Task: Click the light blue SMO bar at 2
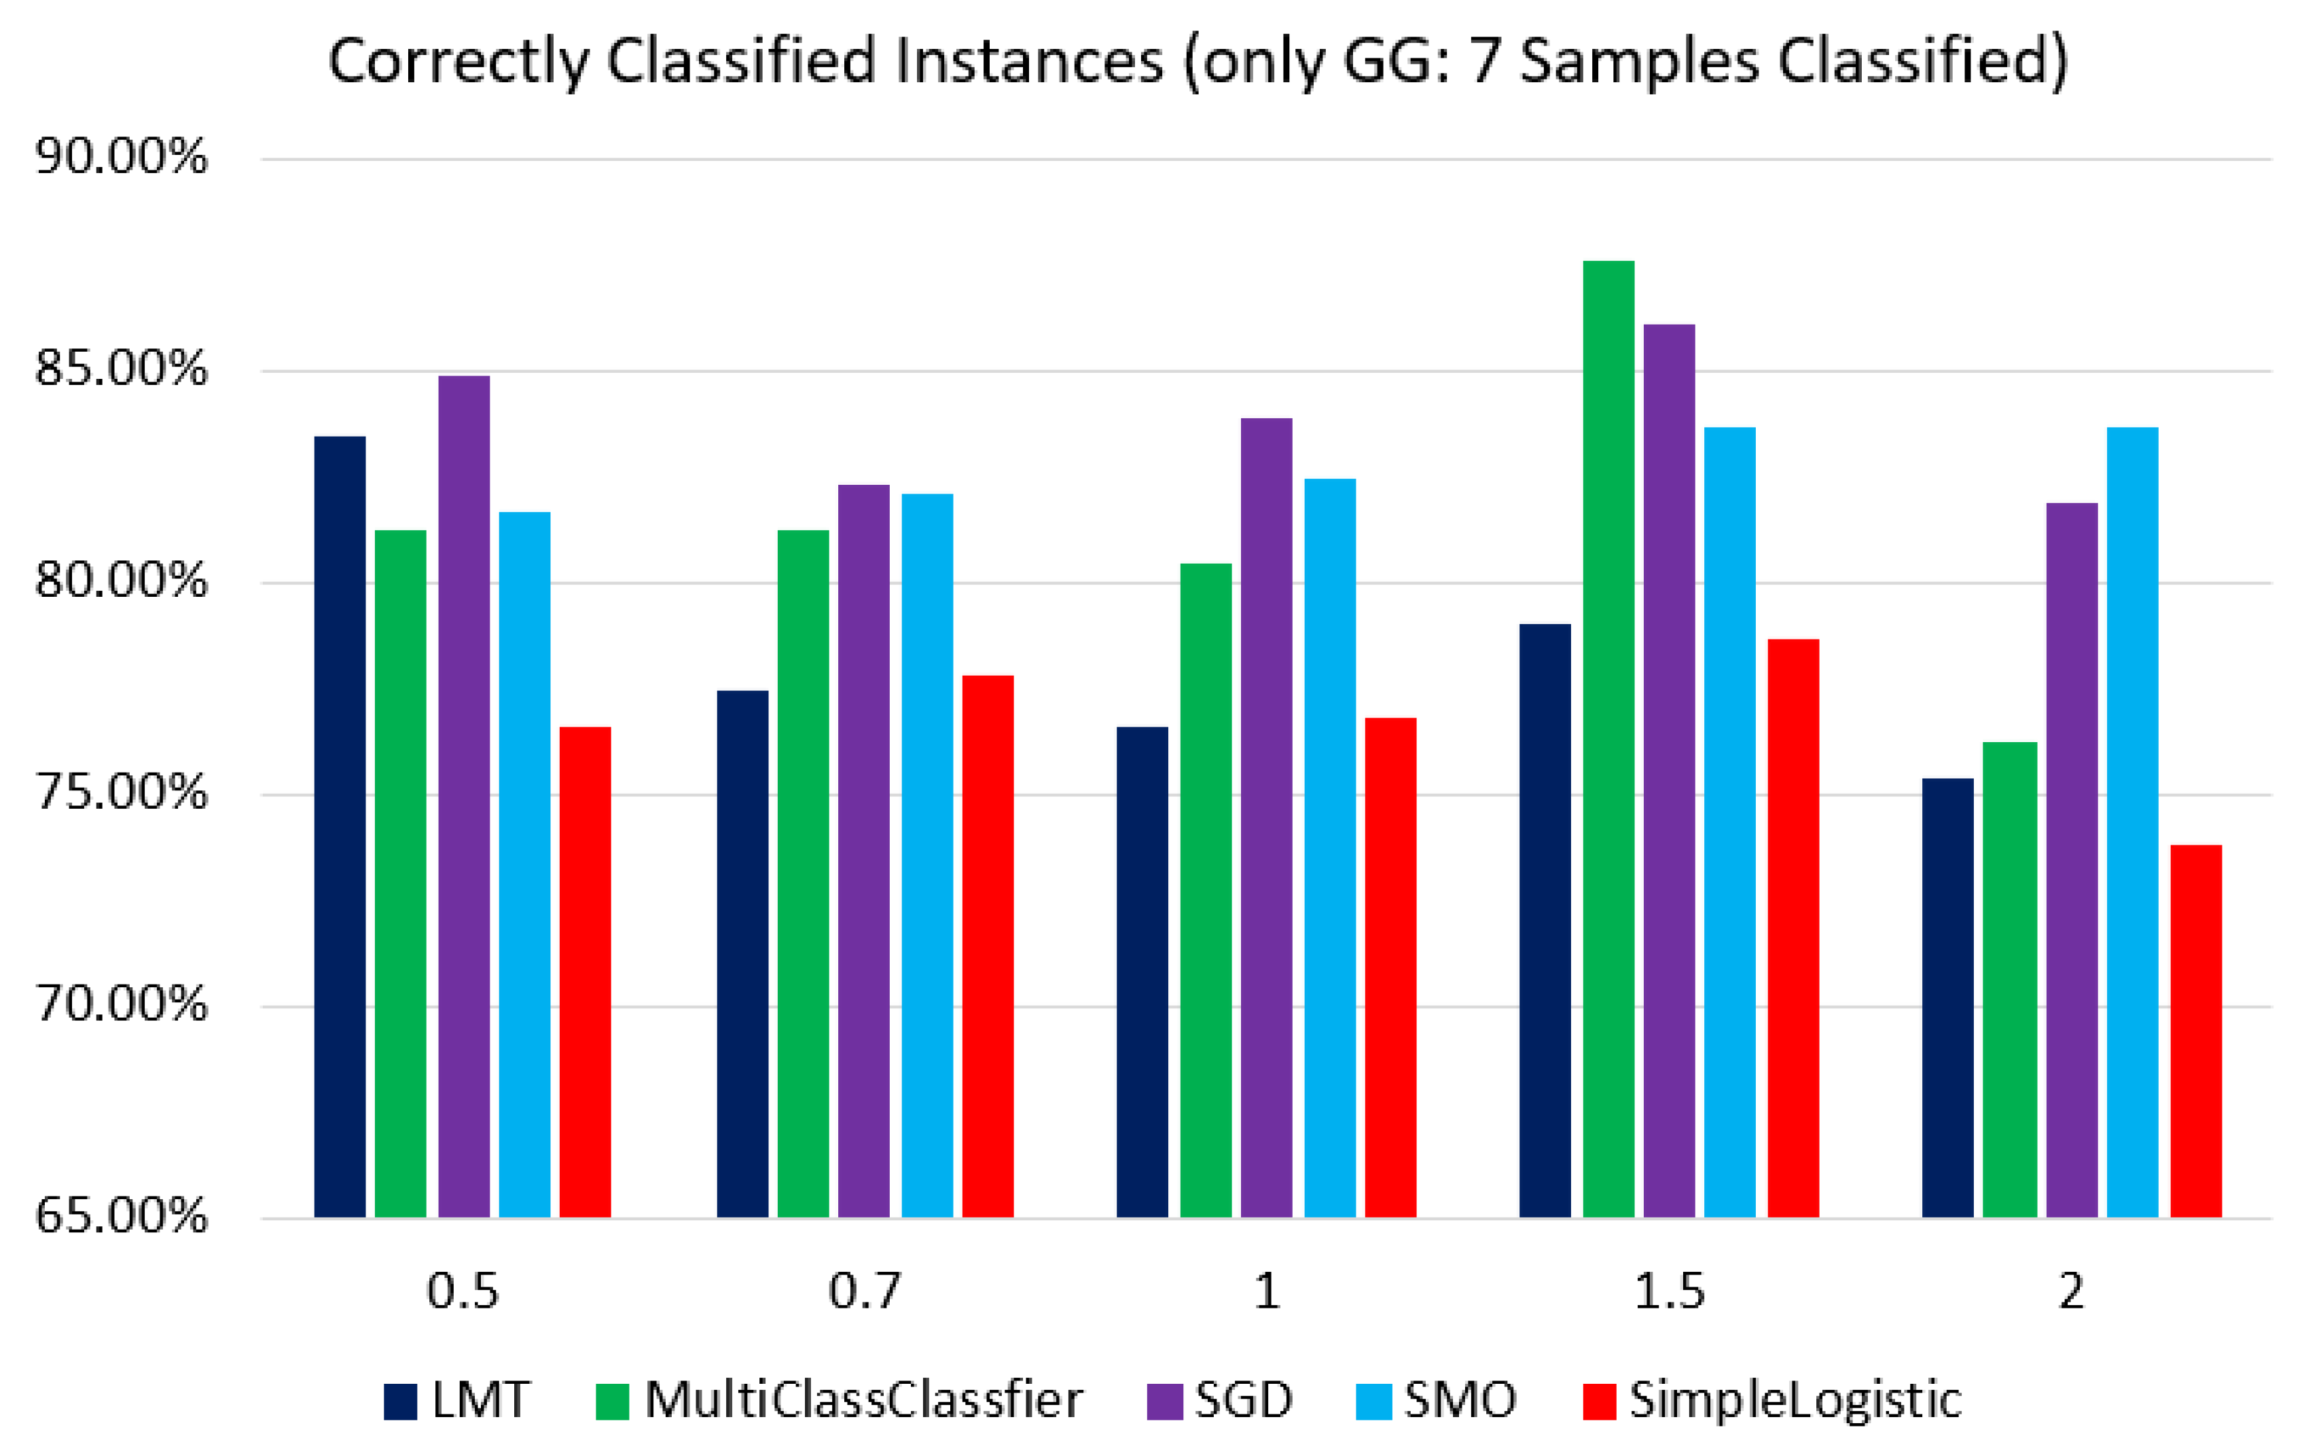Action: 2133,822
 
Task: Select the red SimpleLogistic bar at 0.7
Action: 988,946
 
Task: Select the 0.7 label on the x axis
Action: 864,1292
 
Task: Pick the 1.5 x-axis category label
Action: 1669,1292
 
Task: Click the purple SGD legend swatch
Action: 1164,1401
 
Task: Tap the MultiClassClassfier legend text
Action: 863,1400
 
